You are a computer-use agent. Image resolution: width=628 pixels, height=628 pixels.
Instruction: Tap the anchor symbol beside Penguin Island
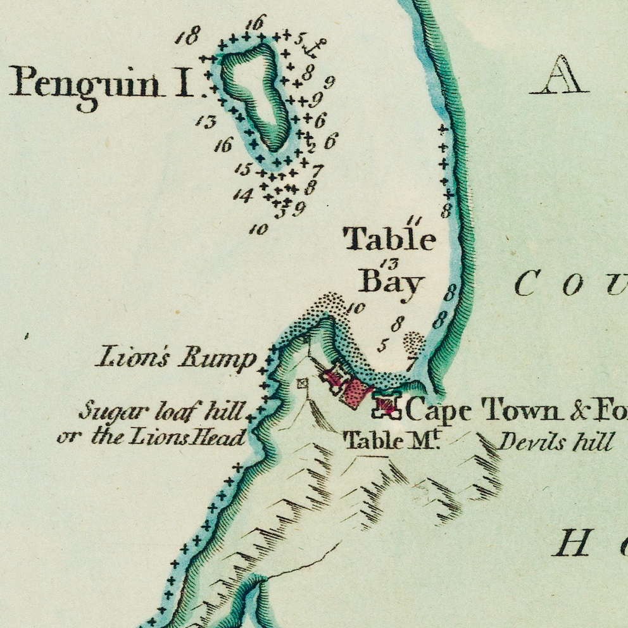click(x=315, y=46)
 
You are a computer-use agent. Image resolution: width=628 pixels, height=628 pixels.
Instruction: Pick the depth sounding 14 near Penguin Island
click(x=242, y=195)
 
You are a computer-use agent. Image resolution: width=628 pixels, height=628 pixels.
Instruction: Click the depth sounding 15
click(x=243, y=169)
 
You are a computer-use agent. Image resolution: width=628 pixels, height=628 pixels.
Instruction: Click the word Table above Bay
click(x=389, y=240)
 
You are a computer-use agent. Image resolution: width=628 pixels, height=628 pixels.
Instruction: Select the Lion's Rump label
click(x=176, y=358)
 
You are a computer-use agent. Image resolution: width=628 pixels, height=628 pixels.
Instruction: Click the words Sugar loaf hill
click(x=161, y=413)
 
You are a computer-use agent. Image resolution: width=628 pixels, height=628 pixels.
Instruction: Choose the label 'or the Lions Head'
click(x=150, y=437)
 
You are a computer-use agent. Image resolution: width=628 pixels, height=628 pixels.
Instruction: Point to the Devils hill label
click(x=555, y=441)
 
